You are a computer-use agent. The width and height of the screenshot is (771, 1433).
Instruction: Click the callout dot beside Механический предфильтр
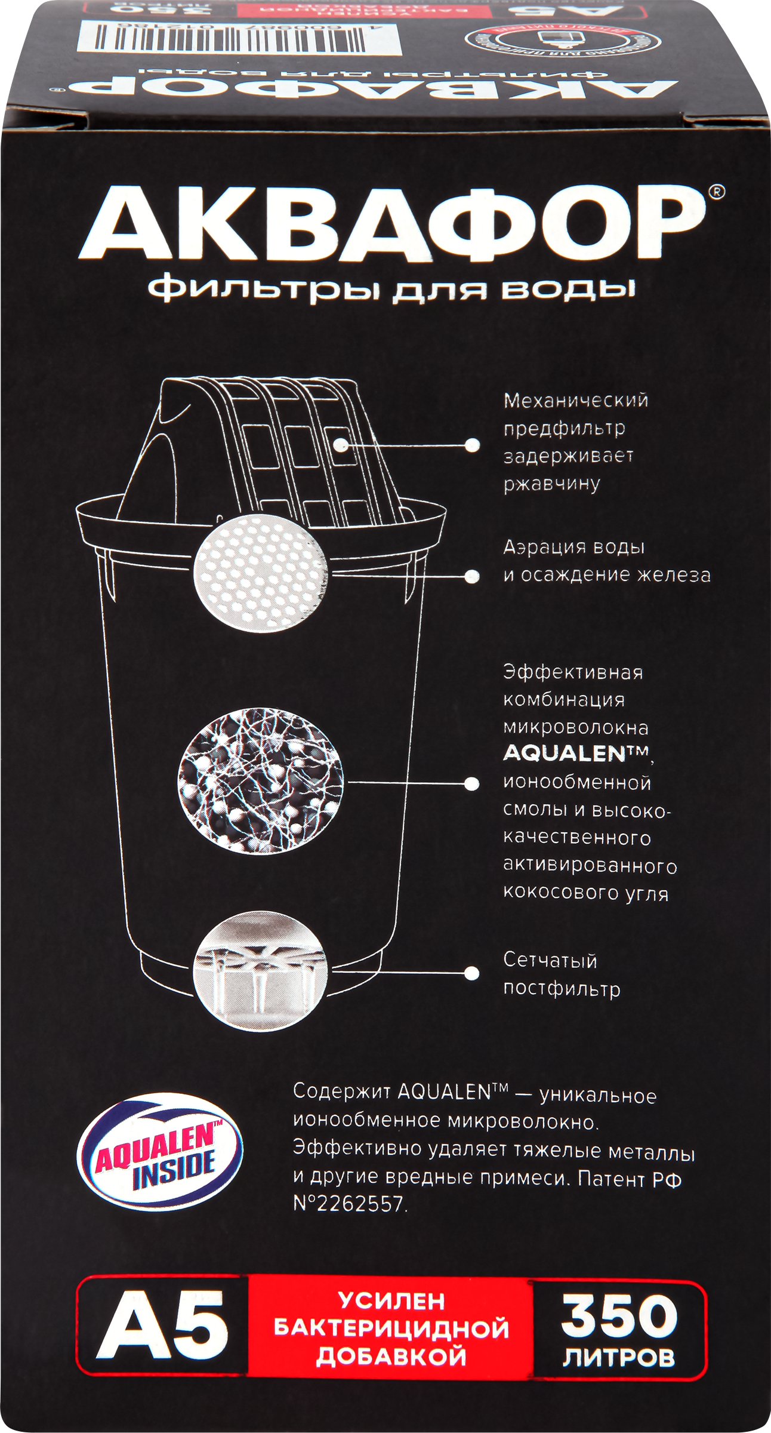pos(472,445)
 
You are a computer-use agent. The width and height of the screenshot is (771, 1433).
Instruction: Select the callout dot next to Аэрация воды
pos(472,576)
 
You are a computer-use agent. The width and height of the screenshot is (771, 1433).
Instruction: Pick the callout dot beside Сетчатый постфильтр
pos(472,973)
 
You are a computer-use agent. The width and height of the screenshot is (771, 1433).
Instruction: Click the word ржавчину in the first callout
pos(551,483)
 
